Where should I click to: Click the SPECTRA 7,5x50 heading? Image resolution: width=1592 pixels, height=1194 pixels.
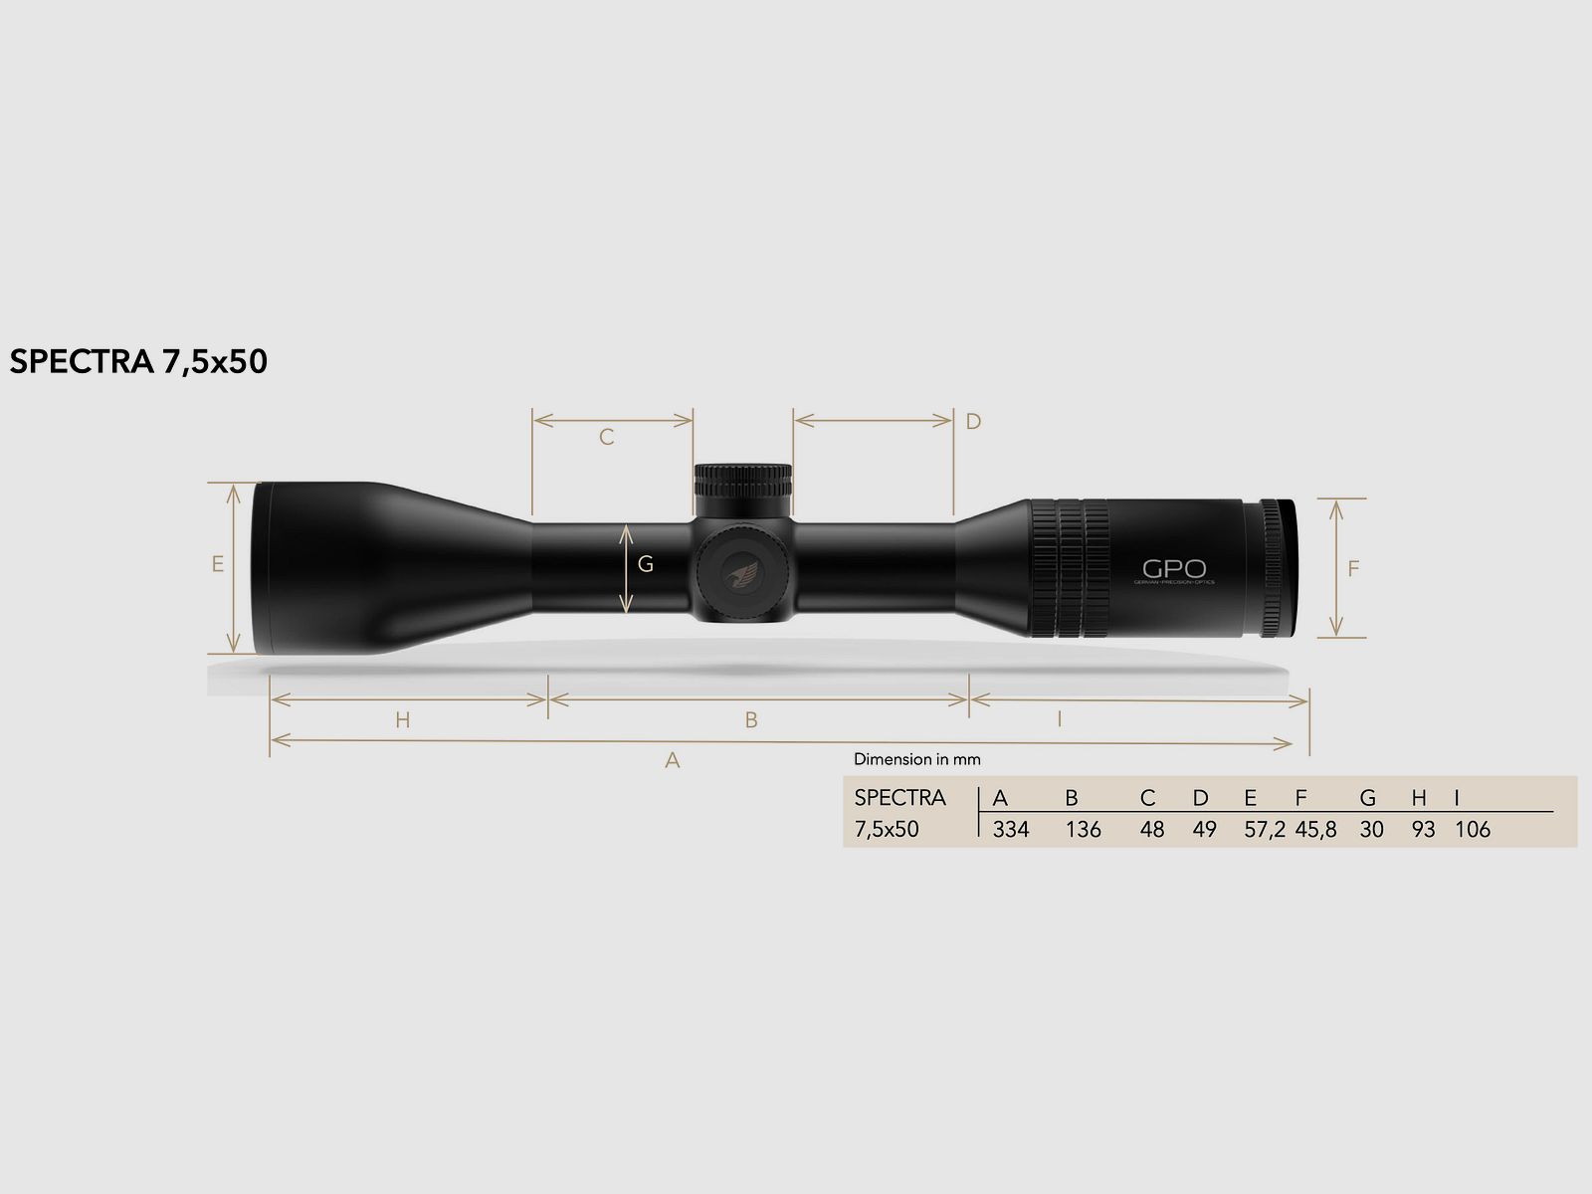click(x=138, y=361)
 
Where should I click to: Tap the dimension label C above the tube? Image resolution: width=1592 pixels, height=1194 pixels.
click(x=606, y=437)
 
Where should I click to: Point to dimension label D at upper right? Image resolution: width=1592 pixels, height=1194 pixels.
click(x=973, y=421)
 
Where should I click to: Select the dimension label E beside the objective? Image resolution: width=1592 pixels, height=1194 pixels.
click(x=217, y=564)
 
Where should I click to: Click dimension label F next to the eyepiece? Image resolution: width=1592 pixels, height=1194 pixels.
click(x=1352, y=569)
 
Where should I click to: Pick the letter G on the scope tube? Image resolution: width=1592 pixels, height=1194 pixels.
click(x=645, y=564)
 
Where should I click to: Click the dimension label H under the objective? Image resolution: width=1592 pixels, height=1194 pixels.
click(x=402, y=719)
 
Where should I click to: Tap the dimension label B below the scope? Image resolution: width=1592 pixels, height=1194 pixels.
click(x=751, y=719)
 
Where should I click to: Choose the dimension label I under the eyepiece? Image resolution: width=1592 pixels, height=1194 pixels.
click(x=1060, y=717)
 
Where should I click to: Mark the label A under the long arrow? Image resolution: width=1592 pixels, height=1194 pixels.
click(x=673, y=760)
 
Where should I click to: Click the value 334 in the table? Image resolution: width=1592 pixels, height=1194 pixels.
click(x=1010, y=829)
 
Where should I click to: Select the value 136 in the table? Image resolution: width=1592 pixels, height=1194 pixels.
click(x=1083, y=829)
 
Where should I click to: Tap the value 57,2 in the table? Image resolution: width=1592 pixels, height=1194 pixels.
click(x=1265, y=829)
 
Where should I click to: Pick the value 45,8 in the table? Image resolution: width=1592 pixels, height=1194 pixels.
click(x=1315, y=829)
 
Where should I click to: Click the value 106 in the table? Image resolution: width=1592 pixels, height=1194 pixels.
click(x=1472, y=829)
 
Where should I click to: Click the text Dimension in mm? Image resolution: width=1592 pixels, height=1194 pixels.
click(x=916, y=759)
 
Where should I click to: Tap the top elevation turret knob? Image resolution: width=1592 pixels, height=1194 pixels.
click(x=743, y=484)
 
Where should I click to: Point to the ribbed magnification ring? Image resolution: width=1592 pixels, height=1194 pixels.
click(x=1070, y=567)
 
